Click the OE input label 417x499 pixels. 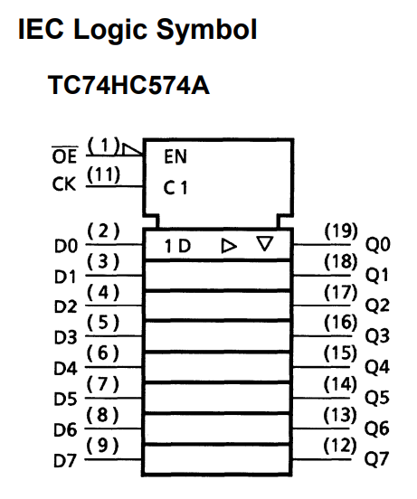64,155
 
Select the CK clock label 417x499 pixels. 64,184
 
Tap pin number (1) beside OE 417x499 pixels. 103,146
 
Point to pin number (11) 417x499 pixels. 103,174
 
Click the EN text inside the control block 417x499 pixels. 175,156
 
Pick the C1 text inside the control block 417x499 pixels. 175,188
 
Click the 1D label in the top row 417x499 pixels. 177,246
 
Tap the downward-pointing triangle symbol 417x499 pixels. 265,243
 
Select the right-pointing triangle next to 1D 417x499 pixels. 229,246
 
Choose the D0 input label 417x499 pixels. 66,246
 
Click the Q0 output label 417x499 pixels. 377,245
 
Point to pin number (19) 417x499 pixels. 341,231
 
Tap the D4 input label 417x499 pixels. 65,369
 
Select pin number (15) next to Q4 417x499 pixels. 340,353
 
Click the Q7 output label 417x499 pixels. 377,459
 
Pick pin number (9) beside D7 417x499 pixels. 102,446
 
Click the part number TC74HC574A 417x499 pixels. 128,85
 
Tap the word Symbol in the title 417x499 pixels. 206,30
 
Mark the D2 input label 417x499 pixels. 65,306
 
